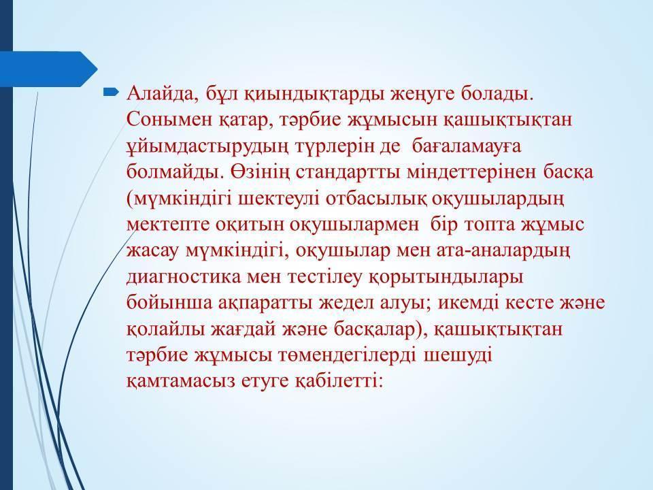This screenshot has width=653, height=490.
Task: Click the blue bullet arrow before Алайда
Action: click(111, 93)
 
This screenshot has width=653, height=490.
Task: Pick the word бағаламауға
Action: click(467, 147)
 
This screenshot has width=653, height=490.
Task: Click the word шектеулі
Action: click(279, 199)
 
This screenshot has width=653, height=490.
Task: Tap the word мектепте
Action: click(168, 225)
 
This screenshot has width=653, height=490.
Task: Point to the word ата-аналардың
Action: click(503, 251)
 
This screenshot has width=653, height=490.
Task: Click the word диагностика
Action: click(184, 278)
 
